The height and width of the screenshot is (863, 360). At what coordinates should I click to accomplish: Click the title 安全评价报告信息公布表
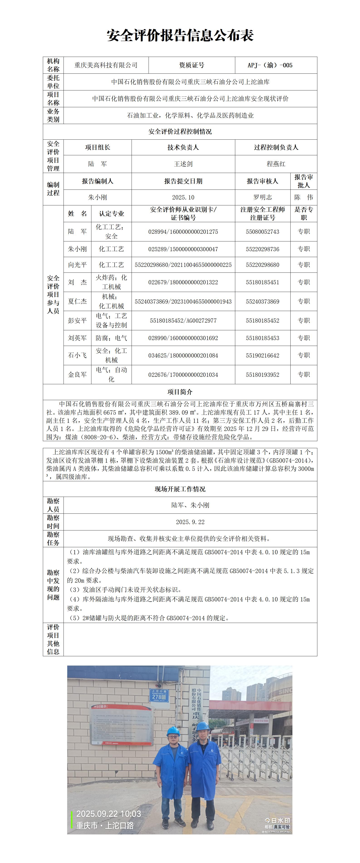tap(180, 35)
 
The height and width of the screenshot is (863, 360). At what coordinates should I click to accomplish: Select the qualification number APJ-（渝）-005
tap(270, 65)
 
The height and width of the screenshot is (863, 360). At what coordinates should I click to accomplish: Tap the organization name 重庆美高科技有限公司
tap(106, 65)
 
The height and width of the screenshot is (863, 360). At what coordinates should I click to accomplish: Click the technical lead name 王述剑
tap(183, 164)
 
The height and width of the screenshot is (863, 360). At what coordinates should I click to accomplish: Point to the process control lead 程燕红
tap(276, 164)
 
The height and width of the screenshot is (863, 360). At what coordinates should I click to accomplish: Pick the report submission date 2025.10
tap(183, 197)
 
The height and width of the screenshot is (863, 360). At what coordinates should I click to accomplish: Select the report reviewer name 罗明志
tap(262, 197)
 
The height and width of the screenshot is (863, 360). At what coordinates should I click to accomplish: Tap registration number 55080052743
tap(262, 231)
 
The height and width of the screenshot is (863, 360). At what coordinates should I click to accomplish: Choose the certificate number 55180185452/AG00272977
tap(183, 321)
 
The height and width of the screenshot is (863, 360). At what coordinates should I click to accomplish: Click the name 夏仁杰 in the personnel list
tap(77, 301)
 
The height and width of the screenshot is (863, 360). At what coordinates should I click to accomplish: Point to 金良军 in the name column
tap(77, 374)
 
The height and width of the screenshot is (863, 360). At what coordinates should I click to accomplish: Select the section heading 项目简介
tap(180, 392)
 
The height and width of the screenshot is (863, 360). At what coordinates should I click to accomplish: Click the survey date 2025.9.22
tap(190, 522)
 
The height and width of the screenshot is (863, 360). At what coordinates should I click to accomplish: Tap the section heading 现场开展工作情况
tap(180, 489)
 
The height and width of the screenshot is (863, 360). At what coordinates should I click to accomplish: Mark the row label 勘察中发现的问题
tap(53, 585)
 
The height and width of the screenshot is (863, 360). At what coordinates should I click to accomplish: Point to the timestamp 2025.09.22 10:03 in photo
tap(109, 814)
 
